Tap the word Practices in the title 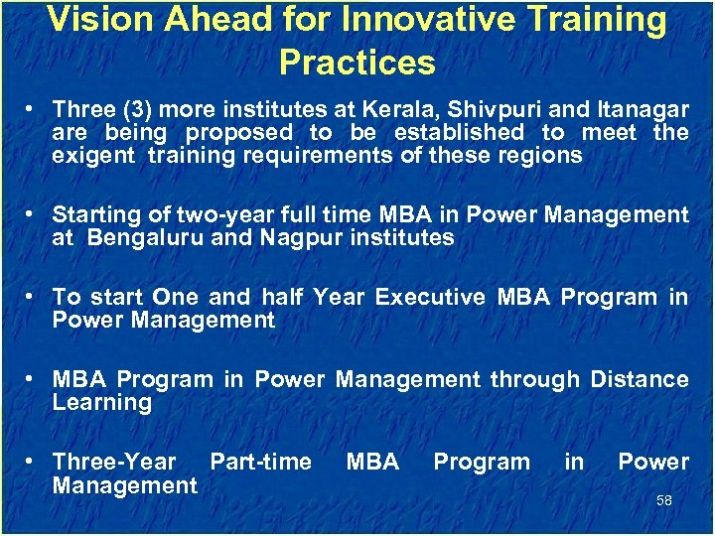357,63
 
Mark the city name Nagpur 299,238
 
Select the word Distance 640,379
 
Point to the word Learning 101,403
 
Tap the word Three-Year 114,462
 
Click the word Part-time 260,462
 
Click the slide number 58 663,500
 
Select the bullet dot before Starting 34,215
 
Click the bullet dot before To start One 34,298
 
